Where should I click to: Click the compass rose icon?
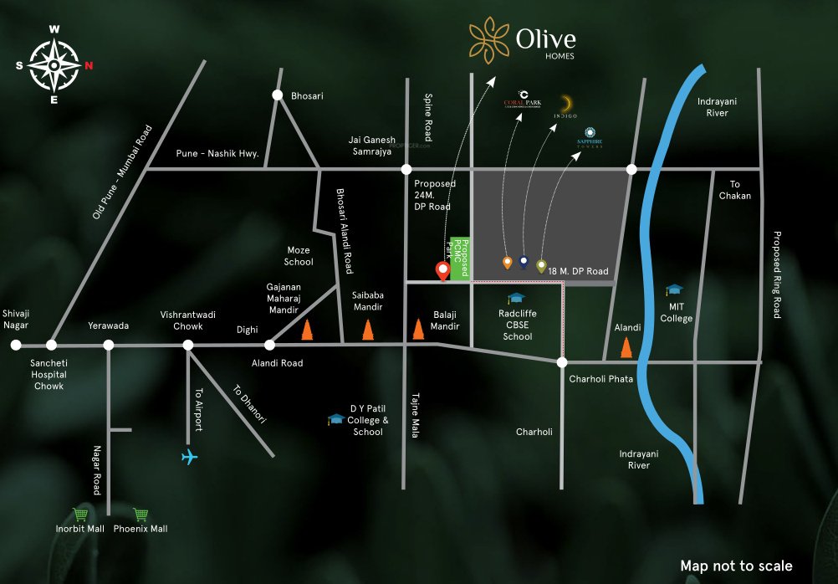click(x=54, y=64)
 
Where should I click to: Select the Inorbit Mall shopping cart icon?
click(x=80, y=515)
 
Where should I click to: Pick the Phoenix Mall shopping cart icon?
click(x=141, y=515)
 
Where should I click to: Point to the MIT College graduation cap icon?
click(x=674, y=290)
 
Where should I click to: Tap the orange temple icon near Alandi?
click(x=625, y=346)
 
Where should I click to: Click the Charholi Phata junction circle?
click(x=562, y=362)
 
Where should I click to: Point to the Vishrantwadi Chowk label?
click(x=188, y=320)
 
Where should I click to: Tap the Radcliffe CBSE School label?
click(x=518, y=325)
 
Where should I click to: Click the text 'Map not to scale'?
click(x=736, y=566)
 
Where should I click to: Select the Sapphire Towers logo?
click(x=590, y=136)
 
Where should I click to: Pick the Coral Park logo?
click(x=523, y=99)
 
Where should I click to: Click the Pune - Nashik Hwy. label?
click(x=217, y=154)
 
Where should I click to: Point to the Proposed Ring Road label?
click(x=777, y=274)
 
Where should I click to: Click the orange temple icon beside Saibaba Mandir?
click(x=367, y=330)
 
